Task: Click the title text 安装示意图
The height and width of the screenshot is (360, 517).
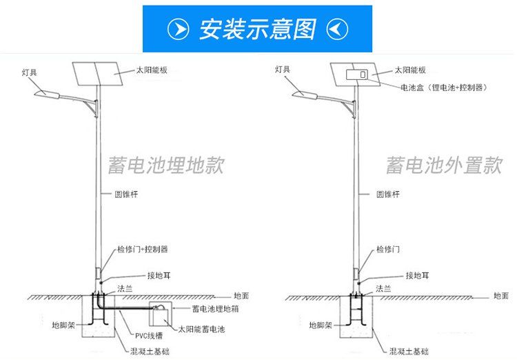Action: (x=258, y=29)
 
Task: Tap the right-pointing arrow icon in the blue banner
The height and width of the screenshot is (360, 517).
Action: (x=178, y=29)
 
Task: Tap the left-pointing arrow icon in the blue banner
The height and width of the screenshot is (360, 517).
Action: (x=337, y=29)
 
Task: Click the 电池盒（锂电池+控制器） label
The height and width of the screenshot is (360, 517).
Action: (x=444, y=88)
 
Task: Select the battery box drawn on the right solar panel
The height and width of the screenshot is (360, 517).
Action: (x=357, y=74)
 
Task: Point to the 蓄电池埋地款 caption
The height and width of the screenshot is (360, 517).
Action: (x=167, y=165)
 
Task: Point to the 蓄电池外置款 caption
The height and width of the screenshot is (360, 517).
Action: (x=444, y=165)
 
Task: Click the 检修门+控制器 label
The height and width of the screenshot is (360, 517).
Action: (x=143, y=249)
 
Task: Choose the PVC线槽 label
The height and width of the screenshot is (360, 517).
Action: (x=149, y=336)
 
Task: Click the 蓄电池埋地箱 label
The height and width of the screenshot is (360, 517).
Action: (x=215, y=309)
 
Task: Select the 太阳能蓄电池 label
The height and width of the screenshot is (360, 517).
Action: (x=201, y=329)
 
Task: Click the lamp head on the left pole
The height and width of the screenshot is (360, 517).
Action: (x=47, y=94)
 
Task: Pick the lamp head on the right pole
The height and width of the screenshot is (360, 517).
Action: (x=305, y=94)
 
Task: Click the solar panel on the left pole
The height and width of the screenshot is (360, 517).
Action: (x=98, y=74)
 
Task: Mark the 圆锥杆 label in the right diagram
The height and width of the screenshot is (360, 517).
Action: (x=387, y=194)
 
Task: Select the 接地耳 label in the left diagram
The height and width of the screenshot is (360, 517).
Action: (x=159, y=276)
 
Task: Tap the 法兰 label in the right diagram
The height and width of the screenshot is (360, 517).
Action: (x=383, y=289)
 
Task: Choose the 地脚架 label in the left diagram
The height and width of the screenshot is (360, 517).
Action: (x=63, y=326)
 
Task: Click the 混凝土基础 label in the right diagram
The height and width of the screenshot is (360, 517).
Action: (x=409, y=352)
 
